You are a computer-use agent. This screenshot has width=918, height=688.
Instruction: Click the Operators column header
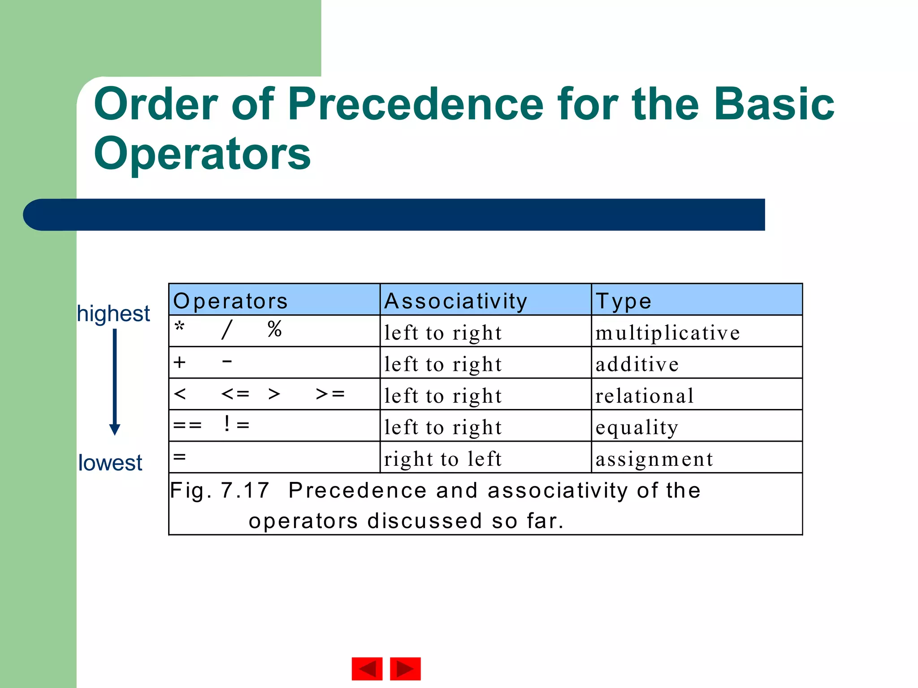coord(230,301)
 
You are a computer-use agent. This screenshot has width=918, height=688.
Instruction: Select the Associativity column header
coord(455,301)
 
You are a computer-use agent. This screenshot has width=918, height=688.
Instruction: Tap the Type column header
coord(623,301)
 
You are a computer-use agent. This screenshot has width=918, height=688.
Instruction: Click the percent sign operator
coord(274,329)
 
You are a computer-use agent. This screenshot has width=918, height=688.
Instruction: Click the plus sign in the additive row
coord(179,362)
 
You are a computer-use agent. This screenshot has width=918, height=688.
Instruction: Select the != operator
coord(236,424)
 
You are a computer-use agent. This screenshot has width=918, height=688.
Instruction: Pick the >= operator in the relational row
coord(330,394)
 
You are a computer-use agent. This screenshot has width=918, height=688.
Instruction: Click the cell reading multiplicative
coord(667,333)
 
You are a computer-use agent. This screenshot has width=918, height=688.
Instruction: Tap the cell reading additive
coord(637,364)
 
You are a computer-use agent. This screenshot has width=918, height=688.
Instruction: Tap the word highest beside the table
coord(113,314)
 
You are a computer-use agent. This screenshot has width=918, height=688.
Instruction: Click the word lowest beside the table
coord(110,463)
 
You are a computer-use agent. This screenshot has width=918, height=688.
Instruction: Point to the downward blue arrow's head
coord(115,430)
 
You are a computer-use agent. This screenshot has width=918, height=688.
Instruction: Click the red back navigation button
coord(367,669)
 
